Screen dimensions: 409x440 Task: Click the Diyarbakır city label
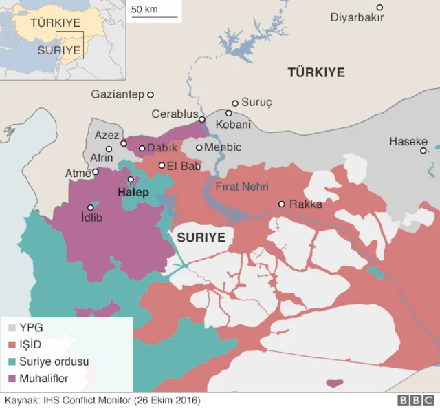pos(357,18)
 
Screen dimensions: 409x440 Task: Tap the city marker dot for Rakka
pos(282,204)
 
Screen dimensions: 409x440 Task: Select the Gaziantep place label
pos(117,94)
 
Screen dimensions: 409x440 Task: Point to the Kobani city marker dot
pos(229,113)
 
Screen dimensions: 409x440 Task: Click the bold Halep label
pos(133,192)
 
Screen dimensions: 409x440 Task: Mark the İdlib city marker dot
pos(91,207)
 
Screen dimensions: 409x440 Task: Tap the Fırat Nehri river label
pos(241,186)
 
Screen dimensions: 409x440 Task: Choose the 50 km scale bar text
pos(145,10)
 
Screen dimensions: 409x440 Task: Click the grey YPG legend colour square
pos(12,328)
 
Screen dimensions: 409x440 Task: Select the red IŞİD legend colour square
pos(12,344)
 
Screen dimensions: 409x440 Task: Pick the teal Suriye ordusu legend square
pos(12,361)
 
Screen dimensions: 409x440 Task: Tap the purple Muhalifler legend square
pos(12,377)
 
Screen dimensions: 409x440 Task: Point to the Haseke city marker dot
pos(423,150)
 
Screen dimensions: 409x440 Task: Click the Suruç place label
pos(258,103)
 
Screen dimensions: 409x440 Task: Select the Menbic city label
pos(223,147)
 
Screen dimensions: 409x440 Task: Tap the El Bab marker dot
pos(162,165)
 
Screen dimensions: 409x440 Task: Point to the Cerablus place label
pos(175,114)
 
